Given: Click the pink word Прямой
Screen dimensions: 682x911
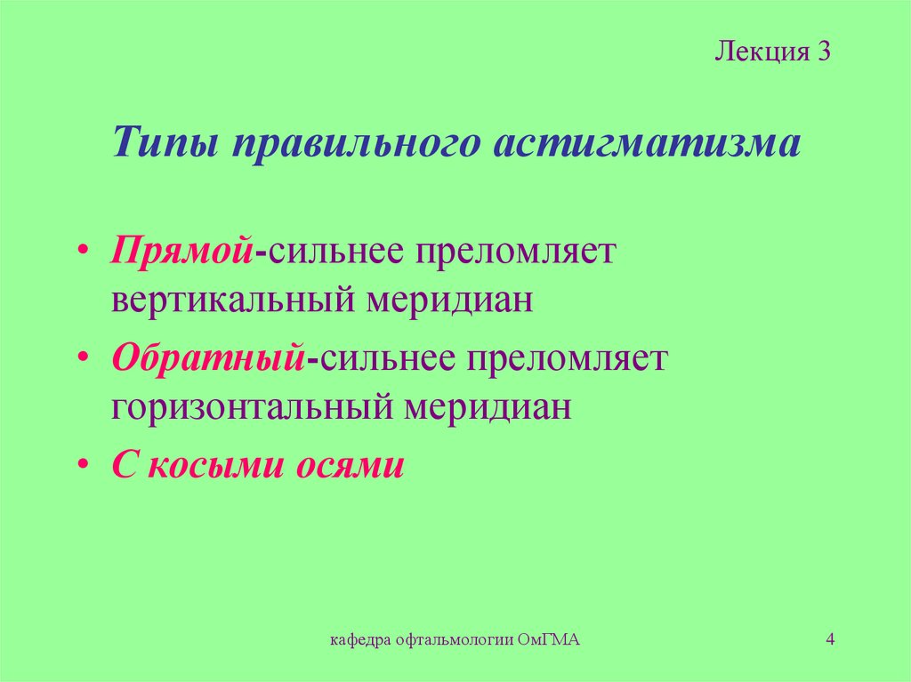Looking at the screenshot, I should pos(181,252).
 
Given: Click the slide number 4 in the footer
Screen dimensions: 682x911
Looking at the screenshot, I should pos(829,638).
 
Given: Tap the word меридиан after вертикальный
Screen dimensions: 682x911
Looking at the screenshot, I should pos(447,301).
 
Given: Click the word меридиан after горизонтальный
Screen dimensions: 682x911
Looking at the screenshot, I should pos(488,408).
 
